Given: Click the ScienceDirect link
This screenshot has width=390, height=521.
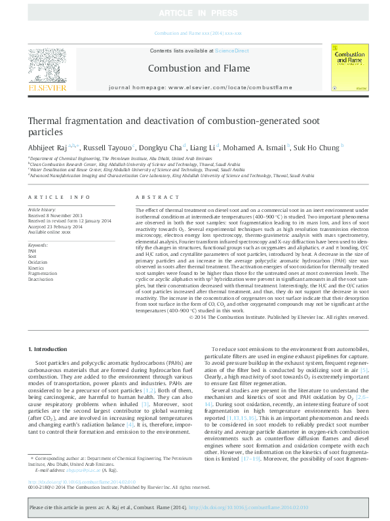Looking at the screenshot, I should pos(232,51).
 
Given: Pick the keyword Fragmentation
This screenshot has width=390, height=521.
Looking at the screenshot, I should pos(42,274).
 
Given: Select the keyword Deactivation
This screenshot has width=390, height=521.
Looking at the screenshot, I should pos(41,279).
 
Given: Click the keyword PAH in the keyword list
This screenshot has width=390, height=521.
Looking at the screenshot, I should pos(32,251).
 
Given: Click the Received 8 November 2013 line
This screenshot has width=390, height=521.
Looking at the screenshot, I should pos(56,215).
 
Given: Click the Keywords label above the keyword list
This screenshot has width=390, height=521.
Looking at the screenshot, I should pos(39,245).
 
